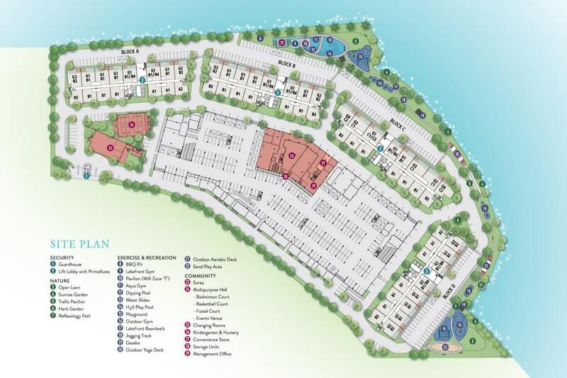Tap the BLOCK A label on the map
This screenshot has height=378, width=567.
(130, 52)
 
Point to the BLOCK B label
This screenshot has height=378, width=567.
(286, 64)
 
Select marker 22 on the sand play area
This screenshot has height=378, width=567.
(445, 348)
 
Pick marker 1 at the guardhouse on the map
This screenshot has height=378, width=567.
(86, 177)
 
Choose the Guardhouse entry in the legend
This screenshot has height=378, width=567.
(69, 264)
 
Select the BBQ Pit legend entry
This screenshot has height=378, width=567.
(134, 264)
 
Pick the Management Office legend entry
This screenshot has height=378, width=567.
(213, 352)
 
